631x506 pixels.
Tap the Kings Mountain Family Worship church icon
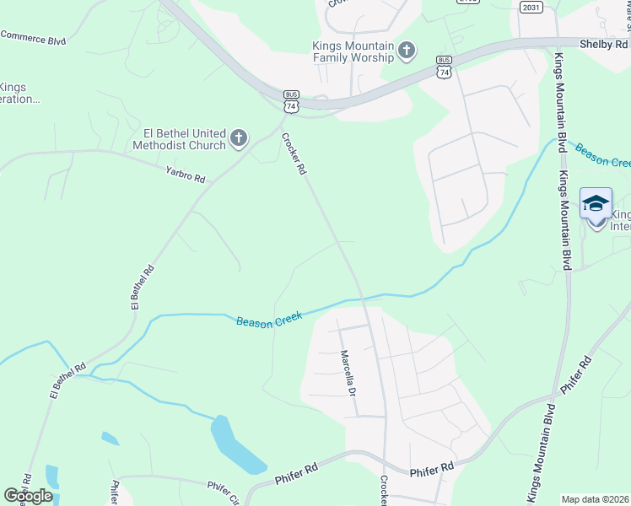pos(407,51)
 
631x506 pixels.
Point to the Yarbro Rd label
pos(186,174)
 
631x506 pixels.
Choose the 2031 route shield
pos(531,8)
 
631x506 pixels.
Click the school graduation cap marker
pos(596,203)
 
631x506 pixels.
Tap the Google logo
pos(28,495)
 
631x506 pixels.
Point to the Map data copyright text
pos(596,499)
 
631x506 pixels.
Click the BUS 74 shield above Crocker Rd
pos(291,101)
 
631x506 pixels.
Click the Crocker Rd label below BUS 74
pos(293,154)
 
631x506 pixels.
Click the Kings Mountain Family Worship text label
pos(353,51)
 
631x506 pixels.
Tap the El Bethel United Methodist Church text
pos(180,139)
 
